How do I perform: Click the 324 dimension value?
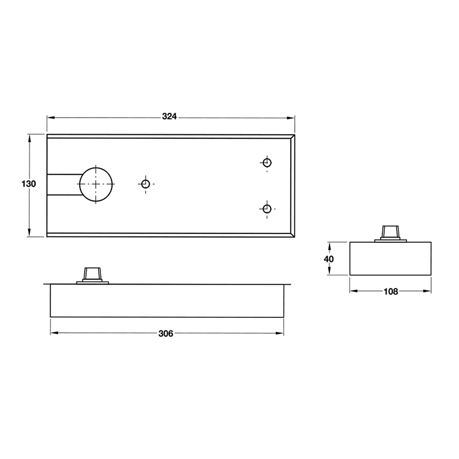[169, 116]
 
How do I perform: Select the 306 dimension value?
[166, 334]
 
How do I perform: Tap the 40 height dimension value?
[328, 259]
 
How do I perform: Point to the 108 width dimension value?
[391, 291]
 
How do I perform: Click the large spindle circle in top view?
[96, 184]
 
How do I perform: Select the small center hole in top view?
[146, 184]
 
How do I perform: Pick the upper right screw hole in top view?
[266, 162]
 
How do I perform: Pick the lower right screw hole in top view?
[266, 209]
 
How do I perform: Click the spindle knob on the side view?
[92, 274]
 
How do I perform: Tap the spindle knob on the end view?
[391, 232]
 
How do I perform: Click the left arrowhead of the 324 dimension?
[50, 117]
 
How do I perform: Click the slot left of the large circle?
[62, 184]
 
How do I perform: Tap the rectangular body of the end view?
[391, 259]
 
